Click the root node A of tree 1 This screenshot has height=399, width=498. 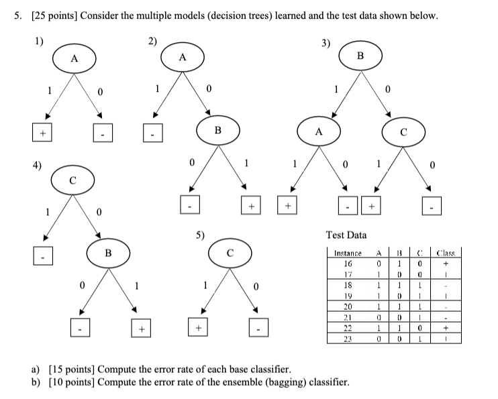tap(74, 59)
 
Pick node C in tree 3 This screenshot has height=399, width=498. tap(403, 132)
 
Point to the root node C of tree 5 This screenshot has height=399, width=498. tap(230, 253)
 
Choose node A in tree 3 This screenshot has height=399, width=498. tap(319, 132)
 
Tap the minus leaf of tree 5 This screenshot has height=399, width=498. tap(263, 329)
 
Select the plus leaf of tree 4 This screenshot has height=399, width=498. tap(141, 329)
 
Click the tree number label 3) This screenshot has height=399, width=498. tap(326, 44)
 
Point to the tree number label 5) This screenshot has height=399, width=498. tap(201, 235)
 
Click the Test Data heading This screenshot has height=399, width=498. tap(346, 235)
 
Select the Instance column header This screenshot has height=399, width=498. tap(347, 254)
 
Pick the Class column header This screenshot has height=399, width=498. tap(444, 254)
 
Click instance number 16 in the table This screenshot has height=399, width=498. tap(347, 264)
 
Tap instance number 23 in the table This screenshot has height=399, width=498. tap(347, 339)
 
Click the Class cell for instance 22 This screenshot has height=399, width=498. tap(444, 329)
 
